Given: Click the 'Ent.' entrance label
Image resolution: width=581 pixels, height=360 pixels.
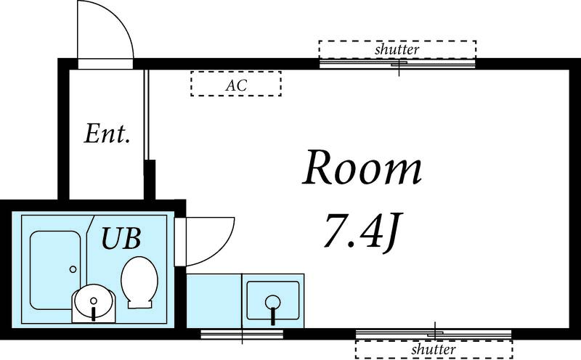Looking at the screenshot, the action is point(107,134).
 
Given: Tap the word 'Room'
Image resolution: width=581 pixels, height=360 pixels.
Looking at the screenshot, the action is point(362,168).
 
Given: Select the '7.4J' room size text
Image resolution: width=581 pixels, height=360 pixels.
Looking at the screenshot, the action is point(361,231).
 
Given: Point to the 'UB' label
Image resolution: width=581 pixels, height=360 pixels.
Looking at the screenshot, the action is point(121,238).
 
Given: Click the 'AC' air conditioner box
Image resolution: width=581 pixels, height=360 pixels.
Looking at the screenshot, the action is point(236,84).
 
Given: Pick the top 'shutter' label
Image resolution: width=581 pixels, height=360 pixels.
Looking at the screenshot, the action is point(397,49).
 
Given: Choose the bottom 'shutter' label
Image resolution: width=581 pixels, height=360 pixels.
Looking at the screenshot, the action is point(434,349).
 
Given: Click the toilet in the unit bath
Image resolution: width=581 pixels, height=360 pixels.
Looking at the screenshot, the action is point(139,282).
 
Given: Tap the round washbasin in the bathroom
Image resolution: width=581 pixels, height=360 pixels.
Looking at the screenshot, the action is point(94,301).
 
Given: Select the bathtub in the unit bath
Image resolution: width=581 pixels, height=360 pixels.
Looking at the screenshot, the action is point(55,271).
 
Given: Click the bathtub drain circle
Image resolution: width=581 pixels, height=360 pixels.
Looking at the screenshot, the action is point(73,269).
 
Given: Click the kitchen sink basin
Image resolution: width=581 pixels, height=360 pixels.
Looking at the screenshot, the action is point(273,300).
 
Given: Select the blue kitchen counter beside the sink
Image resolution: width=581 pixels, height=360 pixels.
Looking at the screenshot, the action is point(214,300).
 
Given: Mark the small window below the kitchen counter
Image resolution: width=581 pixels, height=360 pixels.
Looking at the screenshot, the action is point(242,334).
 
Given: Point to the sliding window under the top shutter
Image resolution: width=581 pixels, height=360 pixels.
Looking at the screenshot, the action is point(397,64).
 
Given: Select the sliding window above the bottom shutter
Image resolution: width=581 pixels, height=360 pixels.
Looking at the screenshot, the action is point(434,334).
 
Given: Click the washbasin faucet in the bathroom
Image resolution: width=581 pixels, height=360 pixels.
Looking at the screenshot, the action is point(94,314).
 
